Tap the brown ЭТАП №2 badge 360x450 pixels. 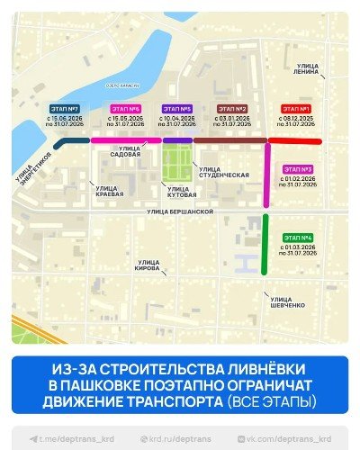coord(232,108)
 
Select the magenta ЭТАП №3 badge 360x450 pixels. coord(298,169)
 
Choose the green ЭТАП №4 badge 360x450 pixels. coord(298,238)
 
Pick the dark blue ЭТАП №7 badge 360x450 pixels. coord(64,108)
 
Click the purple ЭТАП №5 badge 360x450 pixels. coord(175,108)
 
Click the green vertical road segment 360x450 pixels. coord(265,243)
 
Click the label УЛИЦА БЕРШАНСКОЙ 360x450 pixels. coord(180,211)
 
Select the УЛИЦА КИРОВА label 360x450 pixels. coord(148,266)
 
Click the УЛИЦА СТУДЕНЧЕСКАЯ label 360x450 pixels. coord(223,172)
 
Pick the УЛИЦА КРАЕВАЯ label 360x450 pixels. coord(110,191)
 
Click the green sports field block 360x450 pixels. coord(177,164)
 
